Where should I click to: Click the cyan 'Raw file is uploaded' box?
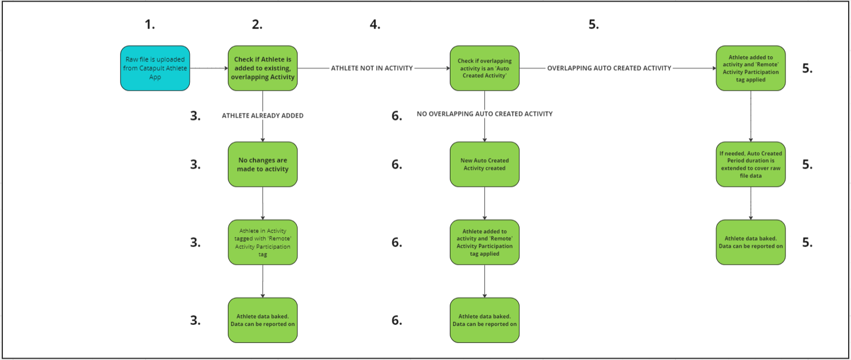point(155,68)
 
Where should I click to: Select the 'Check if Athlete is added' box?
point(262,68)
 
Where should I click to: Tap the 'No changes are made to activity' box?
point(262,164)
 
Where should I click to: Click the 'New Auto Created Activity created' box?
point(485,164)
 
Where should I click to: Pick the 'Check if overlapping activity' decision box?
point(485,68)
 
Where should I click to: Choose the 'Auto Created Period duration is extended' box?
point(751,164)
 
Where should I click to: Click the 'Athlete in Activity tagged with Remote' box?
point(262,242)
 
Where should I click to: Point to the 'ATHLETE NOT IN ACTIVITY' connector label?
point(372,68)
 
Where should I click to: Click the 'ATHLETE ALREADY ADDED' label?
point(262,116)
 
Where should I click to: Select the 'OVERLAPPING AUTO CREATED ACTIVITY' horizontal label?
point(609,68)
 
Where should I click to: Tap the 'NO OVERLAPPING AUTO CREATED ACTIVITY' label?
point(485,114)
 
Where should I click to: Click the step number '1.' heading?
point(150,25)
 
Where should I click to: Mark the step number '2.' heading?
point(257,25)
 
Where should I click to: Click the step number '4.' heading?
point(375,25)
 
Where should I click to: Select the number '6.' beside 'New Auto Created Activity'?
point(397,164)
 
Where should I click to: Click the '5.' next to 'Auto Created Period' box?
point(807,164)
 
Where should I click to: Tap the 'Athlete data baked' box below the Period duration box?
point(751,242)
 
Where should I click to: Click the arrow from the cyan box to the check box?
point(209,68)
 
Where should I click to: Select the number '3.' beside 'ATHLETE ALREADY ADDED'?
point(195,116)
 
